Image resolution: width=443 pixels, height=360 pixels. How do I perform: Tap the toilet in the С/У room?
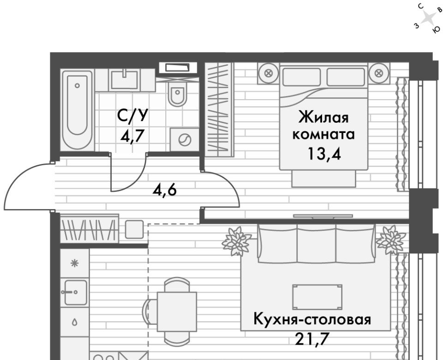tap(177, 94)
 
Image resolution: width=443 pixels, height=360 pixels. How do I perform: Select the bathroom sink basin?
tap(125, 80)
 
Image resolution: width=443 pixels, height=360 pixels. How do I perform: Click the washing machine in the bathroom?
tap(184, 139)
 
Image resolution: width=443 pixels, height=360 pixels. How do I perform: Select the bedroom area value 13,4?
tap(324, 154)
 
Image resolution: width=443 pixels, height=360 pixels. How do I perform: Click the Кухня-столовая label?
tap(312, 319)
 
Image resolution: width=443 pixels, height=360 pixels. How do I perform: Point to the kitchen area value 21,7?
tap(312, 339)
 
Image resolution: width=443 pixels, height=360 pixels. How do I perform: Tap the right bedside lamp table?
tap(379, 73)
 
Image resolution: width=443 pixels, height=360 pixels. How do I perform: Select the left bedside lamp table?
tap(268, 73)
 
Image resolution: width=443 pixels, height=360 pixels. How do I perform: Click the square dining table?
tap(177, 312)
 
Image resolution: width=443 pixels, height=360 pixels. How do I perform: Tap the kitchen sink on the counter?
tap(75, 292)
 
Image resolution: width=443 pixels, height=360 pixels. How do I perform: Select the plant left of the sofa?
tap(236, 241)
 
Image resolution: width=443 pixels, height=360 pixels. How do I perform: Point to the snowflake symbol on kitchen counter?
tap(75, 264)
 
